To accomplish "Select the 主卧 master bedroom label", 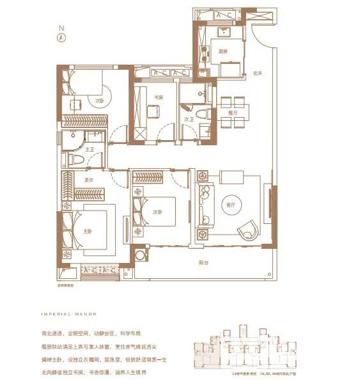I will (88, 232).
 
